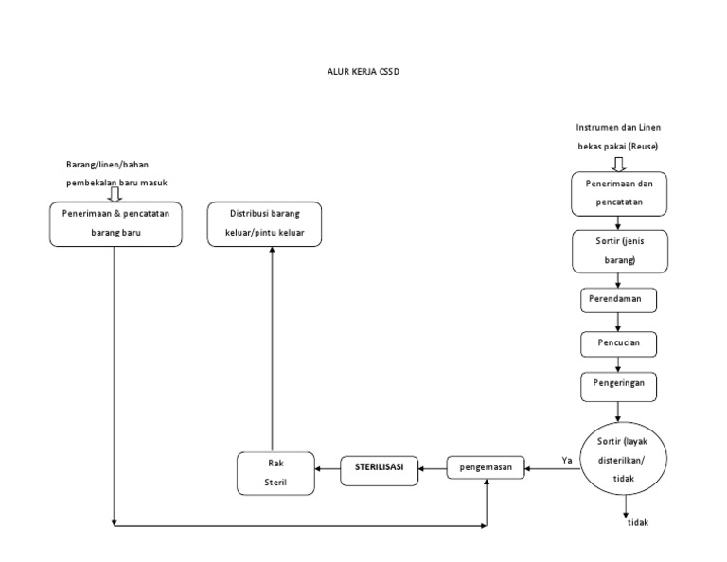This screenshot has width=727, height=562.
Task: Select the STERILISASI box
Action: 379,467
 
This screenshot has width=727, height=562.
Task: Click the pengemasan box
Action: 486,466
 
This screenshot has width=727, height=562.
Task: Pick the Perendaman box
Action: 618,298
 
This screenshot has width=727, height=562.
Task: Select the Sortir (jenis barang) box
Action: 619,250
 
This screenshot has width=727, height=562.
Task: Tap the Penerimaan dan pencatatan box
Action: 619,193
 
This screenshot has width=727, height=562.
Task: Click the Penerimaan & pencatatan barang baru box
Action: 115,222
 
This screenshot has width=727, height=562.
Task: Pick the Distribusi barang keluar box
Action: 265,222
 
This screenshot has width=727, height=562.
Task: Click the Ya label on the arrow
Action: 567,460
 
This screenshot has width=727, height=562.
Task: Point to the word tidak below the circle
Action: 638,522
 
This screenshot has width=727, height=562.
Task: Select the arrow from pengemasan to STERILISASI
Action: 433,466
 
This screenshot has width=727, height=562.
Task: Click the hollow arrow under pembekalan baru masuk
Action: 115,193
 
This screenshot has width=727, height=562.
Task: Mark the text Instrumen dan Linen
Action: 618,127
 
